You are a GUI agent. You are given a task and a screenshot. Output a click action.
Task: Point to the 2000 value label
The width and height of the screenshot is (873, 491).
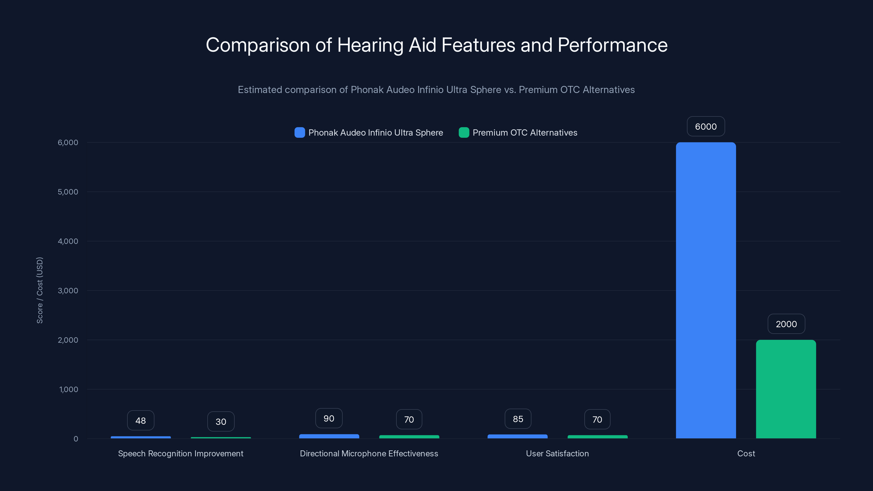click(786, 324)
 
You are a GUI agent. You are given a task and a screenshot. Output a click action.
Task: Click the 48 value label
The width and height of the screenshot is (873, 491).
click(141, 421)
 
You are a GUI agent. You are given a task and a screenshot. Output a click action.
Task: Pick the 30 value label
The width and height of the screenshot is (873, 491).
click(221, 421)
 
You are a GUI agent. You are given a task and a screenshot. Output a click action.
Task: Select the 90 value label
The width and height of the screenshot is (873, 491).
click(329, 418)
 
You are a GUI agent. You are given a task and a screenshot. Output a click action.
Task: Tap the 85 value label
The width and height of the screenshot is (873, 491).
click(518, 419)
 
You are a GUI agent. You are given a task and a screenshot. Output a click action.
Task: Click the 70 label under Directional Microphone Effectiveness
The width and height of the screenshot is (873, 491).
click(409, 420)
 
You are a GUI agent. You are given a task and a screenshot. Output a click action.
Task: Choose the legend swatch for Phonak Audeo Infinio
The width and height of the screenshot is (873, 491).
click(300, 133)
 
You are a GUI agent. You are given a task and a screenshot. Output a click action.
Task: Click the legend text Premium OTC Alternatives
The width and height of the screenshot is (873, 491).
click(525, 133)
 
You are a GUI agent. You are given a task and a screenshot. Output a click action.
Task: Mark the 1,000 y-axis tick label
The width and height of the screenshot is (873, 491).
click(68, 389)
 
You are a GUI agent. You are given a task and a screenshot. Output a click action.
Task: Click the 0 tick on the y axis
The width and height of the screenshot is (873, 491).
click(76, 439)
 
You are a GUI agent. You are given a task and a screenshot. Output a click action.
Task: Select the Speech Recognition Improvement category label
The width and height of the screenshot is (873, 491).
click(181, 453)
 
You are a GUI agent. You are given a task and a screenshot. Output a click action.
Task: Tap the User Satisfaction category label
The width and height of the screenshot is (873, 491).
click(557, 453)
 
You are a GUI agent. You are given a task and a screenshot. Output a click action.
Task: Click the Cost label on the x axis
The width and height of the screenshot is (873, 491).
click(746, 453)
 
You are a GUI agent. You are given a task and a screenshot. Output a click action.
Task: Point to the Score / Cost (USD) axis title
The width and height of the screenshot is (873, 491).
click(40, 291)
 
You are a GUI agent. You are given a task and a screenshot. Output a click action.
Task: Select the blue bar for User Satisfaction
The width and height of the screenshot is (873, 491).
click(517, 436)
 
